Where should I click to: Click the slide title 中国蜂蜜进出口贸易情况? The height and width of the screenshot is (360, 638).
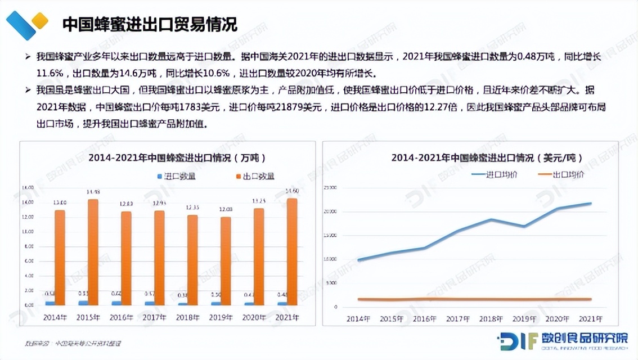149,24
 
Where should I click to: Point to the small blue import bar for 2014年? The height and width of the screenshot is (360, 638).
50,303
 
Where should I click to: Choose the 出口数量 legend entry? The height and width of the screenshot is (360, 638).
254,176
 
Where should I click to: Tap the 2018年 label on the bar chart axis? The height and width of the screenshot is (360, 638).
188,317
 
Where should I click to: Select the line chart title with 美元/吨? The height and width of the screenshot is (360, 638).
487,158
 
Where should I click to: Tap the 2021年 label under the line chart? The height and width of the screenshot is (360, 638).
590,319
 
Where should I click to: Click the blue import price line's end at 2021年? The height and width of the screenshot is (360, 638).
590,203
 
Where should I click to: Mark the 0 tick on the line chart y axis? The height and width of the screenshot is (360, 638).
335,307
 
